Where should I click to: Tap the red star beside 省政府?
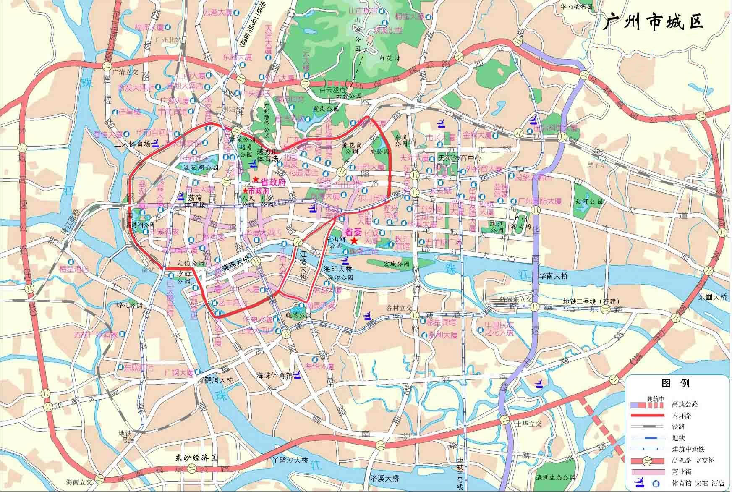[256, 179]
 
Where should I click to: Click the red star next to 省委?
[355, 241]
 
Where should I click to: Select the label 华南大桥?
[553, 276]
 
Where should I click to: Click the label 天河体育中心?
[459, 159]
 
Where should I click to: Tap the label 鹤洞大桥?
[219, 379]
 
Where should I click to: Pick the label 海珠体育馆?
[274, 375]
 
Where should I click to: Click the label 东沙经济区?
[196, 458]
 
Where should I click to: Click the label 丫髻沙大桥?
[290, 461]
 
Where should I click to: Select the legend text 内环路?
[681, 416]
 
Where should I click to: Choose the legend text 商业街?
[681, 471]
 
